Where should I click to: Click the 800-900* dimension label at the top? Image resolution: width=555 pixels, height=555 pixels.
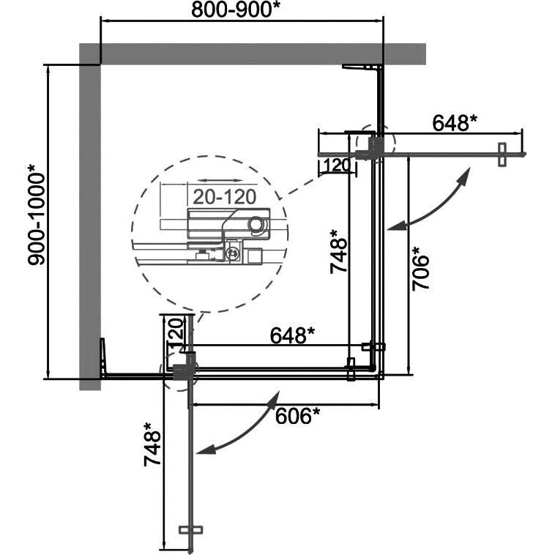click(x=236, y=10)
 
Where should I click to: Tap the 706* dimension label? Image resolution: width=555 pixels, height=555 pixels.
click(x=420, y=269)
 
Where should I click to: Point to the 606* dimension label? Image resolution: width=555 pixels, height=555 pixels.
click(x=297, y=415)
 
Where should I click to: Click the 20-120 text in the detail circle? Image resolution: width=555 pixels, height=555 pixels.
click(x=224, y=197)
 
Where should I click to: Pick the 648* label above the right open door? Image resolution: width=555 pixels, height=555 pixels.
click(x=455, y=123)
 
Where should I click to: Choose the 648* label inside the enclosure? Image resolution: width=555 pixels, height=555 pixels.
click(x=292, y=335)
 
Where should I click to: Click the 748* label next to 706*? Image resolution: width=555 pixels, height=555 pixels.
click(x=338, y=251)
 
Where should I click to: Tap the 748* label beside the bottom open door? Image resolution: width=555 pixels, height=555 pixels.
click(x=152, y=444)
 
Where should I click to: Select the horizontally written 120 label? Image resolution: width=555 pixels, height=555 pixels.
click(x=337, y=165)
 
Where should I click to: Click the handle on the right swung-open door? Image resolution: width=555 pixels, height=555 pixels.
click(x=502, y=154)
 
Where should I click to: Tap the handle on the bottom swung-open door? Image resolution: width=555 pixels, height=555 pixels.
click(x=190, y=529)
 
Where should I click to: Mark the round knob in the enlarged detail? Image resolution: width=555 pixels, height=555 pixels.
click(x=256, y=224)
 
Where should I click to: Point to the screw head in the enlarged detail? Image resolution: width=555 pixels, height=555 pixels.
click(x=233, y=253)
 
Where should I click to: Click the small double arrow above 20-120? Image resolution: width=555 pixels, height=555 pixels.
click(x=220, y=181)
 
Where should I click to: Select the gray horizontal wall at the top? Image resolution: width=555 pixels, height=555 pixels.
click(x=253, y=53)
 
